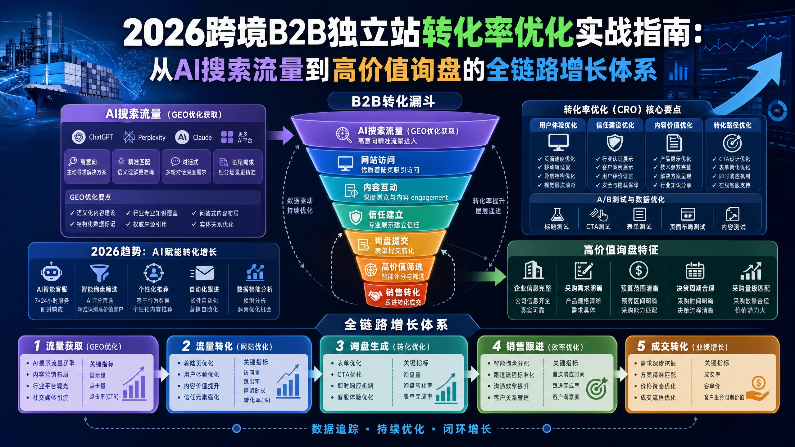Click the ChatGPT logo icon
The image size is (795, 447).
tap(79, 137)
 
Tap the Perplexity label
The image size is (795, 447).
tap(152, 138)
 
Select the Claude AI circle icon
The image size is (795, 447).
tap(182, 137)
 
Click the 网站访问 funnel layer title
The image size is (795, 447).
tap(378, 160)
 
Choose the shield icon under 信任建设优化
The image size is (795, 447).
tap(615, 143)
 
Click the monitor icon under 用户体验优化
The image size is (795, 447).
tap(558, 142)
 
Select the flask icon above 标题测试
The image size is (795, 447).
tap(557, 214)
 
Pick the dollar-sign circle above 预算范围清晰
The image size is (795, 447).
tap(638, 270)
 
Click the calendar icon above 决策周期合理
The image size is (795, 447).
tap(695, 271)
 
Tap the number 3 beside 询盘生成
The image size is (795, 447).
tap(340, 346)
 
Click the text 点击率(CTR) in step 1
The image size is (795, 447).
tap(104, 397)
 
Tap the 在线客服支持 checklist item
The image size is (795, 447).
tap(734, 185)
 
